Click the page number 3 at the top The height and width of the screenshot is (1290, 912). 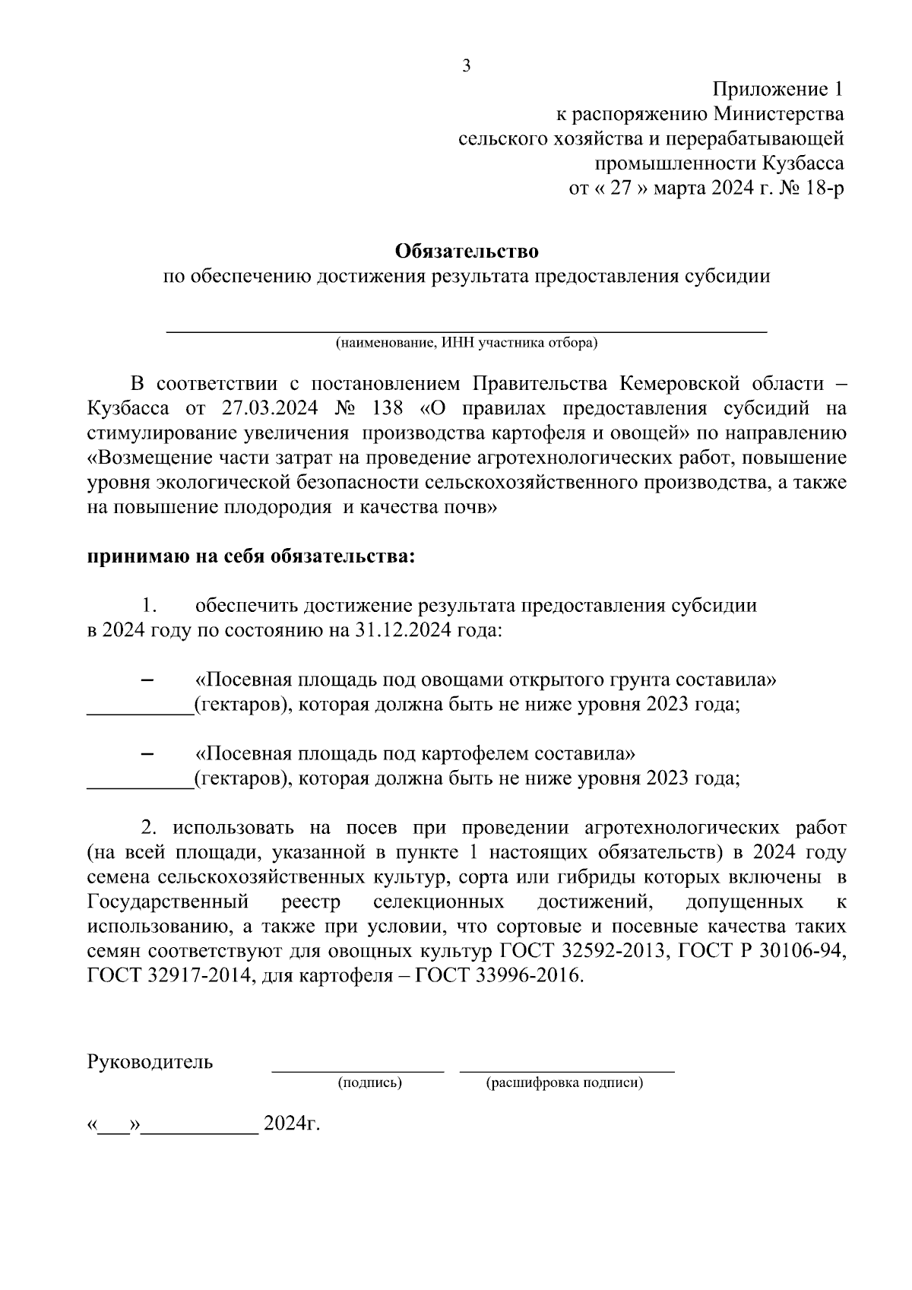coord(467,65)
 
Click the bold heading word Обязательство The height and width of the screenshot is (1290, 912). coord(467,250)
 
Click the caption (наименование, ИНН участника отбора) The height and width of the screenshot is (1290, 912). coord(467,343)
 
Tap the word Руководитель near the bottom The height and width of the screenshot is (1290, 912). coord(150,1062)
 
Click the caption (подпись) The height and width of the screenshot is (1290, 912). coord(369,1082)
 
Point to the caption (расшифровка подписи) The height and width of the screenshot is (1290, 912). coord(564,1082)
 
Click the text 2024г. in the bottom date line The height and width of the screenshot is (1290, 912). coord(291,1124)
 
